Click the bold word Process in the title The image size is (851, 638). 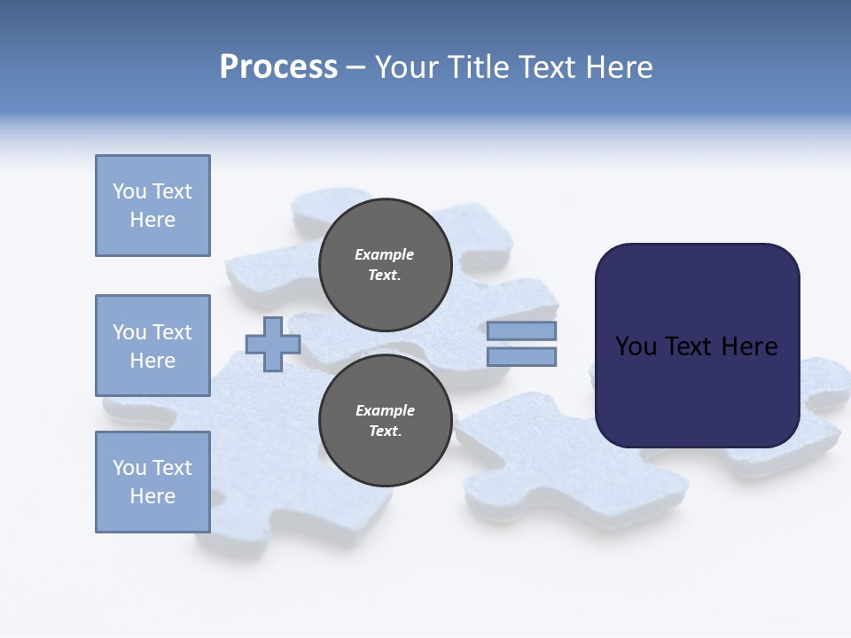coord(278,67)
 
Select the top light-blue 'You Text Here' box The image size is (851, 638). coord(152,206)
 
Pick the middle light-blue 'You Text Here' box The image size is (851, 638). coord(152,346)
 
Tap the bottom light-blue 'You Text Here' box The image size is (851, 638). coord(152,482)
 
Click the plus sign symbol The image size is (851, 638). coord(273,344)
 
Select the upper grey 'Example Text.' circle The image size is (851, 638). coord(385,264)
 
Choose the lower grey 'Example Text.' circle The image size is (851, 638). coord(385,420)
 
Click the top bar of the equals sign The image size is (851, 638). coord(521,331)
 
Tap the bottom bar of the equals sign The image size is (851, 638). coord(521,357)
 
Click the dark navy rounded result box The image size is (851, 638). coord(697,390)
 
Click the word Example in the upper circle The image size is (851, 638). coord(385,254)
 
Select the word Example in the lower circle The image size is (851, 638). coord(385,410)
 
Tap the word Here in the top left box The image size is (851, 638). coord(152,220)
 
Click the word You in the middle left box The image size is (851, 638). coord(129,332)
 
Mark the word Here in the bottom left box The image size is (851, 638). coord(152,496)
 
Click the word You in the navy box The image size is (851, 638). coord(636,346)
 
